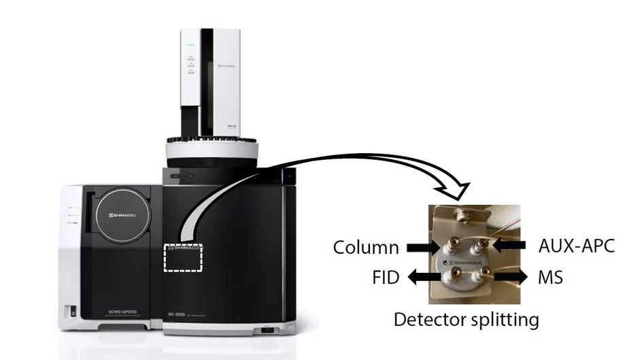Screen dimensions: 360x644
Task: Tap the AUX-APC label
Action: pos(577,245)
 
